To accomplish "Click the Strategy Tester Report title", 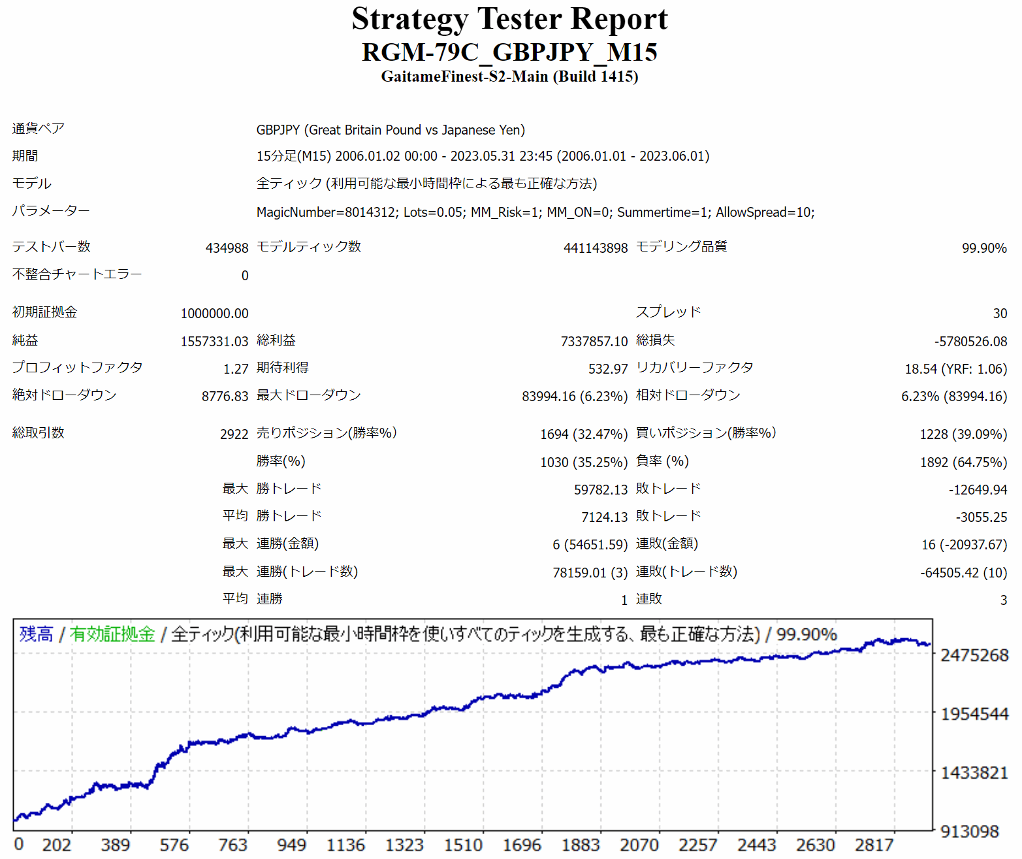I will click(x=509, y=19).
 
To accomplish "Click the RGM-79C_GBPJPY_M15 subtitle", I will click(x=509, y=52).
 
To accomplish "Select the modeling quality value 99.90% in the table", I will click(x=983, y=248).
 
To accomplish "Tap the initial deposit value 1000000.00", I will click(x=214, y=314).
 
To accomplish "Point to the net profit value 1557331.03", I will click(x=214, y=342).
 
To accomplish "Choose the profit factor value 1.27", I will click(x=235, y=369).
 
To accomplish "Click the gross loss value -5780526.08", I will click(x=970, y=342).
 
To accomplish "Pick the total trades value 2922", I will click(x=234, y=434).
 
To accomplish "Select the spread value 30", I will click(x=1000, y=314).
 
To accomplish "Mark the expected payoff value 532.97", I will click(x=607, y=369).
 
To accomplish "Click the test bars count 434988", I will click(x=227, y=248).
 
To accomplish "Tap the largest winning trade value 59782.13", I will click(x=600, y=490).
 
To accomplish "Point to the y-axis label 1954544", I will click(x=974, y=714).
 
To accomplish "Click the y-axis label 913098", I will click(x=969, y=832).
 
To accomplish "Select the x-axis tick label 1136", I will click(x=345, y=845).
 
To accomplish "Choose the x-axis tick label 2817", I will click(x=874, y=845).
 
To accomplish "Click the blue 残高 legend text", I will click(x=36, y=634).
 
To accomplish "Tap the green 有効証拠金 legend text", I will click(x=112, y=634).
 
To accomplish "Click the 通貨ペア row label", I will click(x=38, y=129).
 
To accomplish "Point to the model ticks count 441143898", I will click(x=595, y=248).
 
